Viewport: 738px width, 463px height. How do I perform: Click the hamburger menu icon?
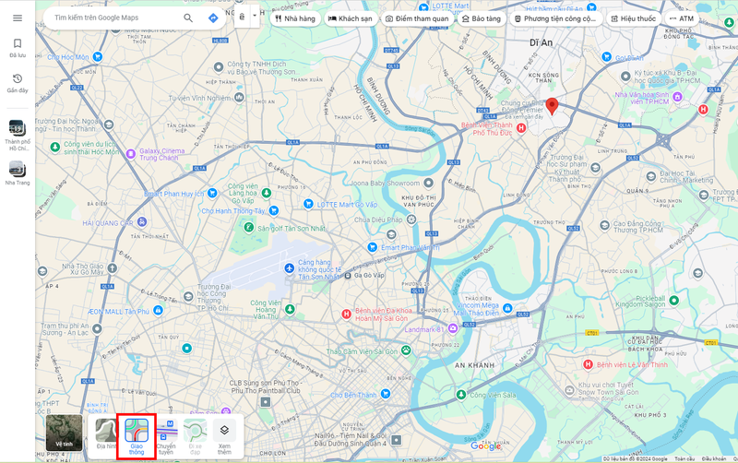click(x=18, y=18)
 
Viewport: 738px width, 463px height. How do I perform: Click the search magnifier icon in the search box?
click(x=188, y=18)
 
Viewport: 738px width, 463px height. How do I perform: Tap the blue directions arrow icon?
click(x=213, y=18)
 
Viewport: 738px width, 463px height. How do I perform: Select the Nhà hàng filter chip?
click(x=294, y=18)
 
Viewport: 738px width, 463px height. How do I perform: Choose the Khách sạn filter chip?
click(x=350, y=18)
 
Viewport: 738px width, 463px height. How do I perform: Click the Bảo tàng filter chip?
click(x=481, y=18)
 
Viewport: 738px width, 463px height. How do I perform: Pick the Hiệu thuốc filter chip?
click(x=634, y=18)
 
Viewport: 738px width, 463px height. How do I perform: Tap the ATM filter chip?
click(x=683, y=18)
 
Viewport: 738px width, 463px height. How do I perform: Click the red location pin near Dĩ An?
click(x=552, y=106)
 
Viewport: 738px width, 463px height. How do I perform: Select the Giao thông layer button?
click(x=136, y=431)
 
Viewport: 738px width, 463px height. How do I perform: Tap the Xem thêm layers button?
click(x=224, y=431)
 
